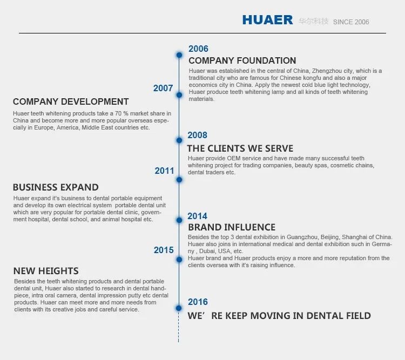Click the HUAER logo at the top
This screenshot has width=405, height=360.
(268, 20)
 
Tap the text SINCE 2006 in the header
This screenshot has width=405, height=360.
(351, 22)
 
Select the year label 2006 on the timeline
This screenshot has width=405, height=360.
(198, 49)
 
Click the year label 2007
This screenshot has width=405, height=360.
(163, 88)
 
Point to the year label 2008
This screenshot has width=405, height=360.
(197, 135)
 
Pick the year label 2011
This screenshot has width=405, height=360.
(164, 171)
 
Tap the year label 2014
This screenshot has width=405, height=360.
(197, 216)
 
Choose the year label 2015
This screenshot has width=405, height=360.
(164, 250)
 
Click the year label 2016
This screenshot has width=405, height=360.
(198, 302)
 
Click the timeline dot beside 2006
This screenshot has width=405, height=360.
(179, 55)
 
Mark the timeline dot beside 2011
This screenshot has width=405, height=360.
(179, 180)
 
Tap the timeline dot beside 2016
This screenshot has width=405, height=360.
(179, 308)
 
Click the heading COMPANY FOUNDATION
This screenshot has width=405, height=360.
(242, 60)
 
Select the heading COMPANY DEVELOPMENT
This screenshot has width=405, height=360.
(71, 101)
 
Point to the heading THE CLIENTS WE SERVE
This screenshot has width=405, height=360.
(240, 148)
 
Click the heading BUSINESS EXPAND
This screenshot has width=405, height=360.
(56, 187)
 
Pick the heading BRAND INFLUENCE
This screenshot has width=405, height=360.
(232, 227)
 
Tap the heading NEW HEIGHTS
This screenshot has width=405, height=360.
(46, 271)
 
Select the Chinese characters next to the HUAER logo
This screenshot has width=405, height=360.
(314, 21)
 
